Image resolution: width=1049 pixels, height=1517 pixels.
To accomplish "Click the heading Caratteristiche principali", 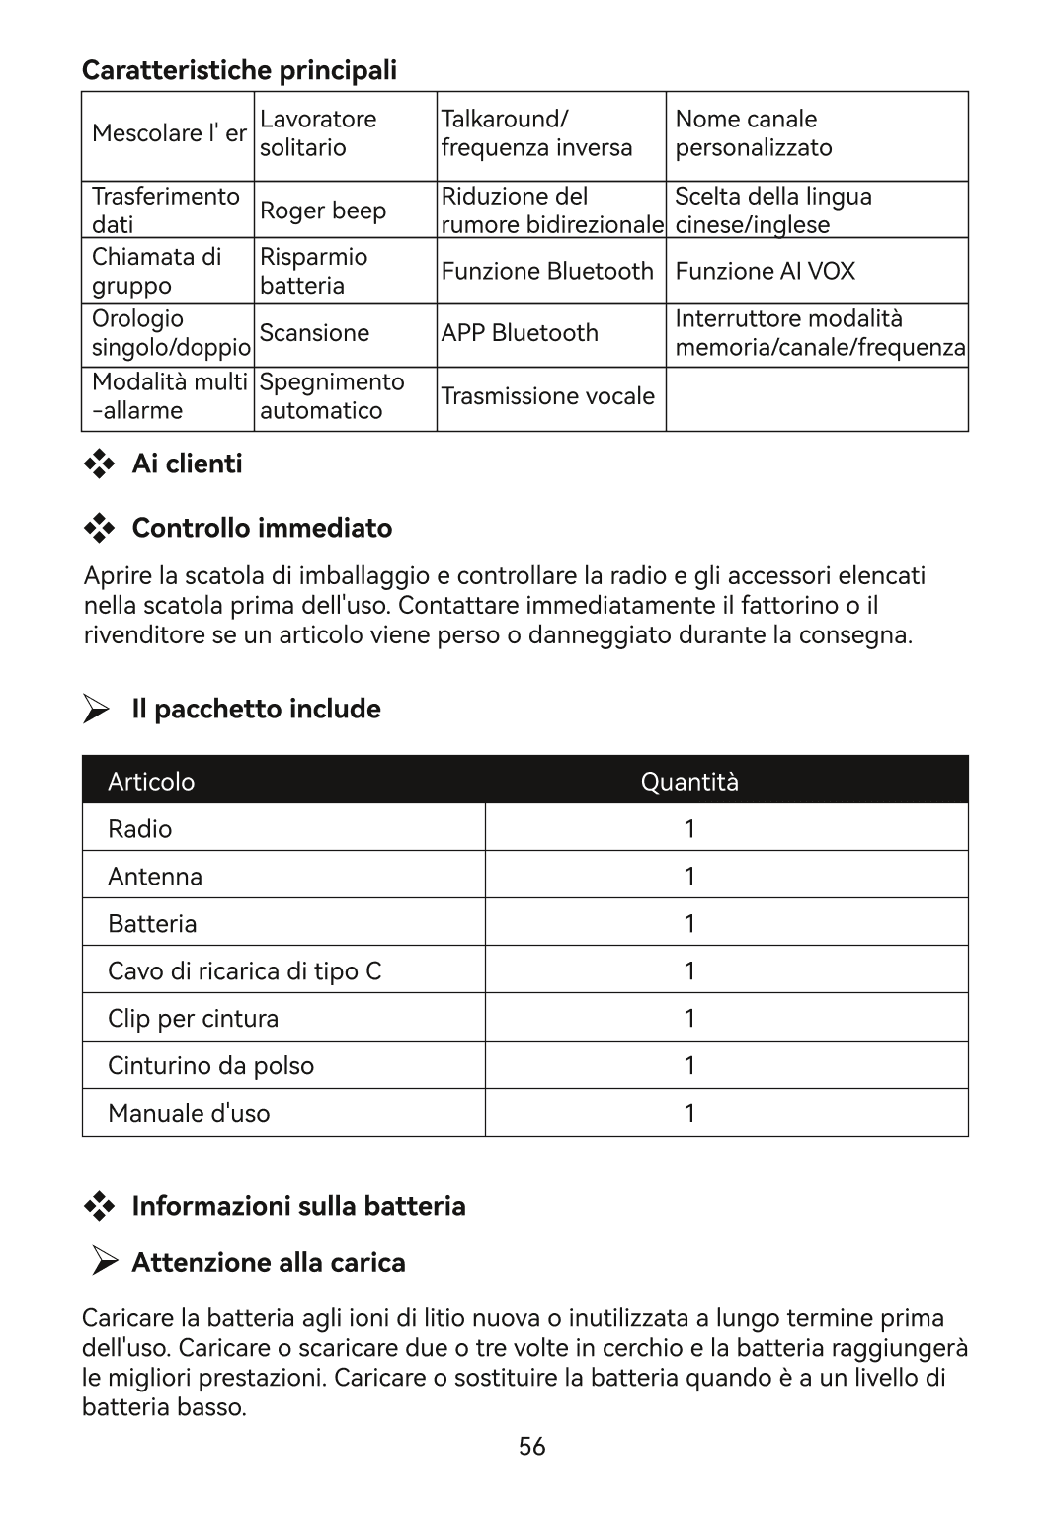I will tap(239, 70).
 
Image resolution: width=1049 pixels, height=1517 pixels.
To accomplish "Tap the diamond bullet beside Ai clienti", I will tap(99, 464).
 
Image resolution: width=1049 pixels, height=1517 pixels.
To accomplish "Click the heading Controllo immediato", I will tap(262, 528).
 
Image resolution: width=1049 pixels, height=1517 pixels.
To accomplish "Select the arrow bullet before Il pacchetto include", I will tap(96, 710).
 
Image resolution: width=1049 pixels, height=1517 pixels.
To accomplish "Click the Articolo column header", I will tap(151, 782).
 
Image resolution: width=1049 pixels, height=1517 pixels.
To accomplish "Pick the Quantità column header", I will tap(689, 782).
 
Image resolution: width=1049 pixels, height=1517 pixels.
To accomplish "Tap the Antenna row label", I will tap(155, 877).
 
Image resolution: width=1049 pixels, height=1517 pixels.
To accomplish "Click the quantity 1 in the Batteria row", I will tap(689, 924).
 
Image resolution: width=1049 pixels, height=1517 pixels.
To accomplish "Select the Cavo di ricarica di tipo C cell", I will tap(244, 971).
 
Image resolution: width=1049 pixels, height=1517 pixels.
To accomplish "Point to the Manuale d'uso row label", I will tap(189, 1114).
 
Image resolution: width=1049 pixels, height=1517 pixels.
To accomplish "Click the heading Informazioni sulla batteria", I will tap(298, 1206).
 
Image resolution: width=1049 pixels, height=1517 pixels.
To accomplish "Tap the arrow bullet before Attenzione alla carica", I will tap(105, 1261).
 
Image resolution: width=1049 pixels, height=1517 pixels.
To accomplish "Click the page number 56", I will tap(531, 1447).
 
